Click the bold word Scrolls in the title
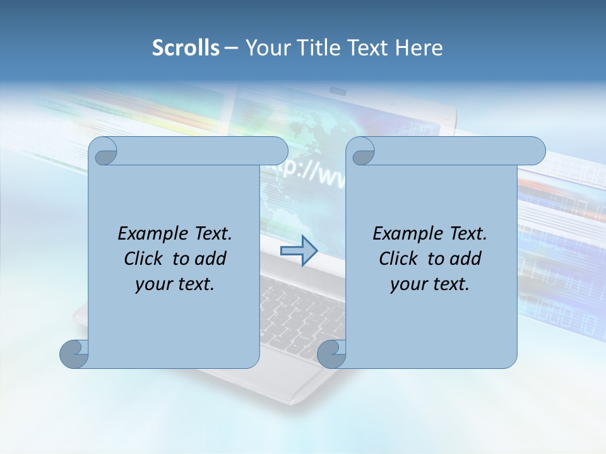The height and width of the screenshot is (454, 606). pos(186,48)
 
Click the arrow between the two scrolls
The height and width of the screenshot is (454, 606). pos(299,251)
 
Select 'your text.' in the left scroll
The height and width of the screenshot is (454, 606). pos(175,284)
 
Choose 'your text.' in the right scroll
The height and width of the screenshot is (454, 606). pos(430,284)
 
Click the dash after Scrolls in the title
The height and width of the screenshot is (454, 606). pos(231,48)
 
